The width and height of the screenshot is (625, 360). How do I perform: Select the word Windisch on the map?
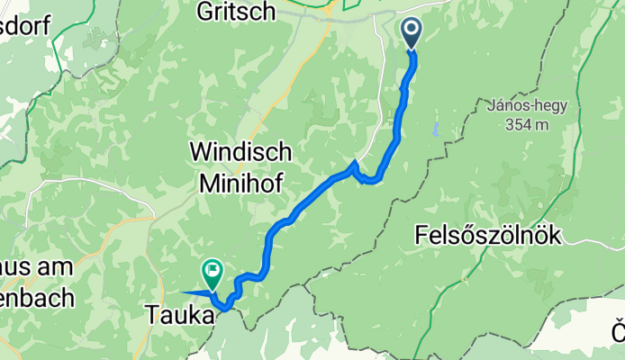click(x=237, y=152)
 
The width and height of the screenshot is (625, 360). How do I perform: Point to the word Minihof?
click(x=238, y=184)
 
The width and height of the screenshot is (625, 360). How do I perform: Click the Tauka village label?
click(x=180, y=316)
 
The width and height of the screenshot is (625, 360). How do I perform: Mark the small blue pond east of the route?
click(x=435, y=129)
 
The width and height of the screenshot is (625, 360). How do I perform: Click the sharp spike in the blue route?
click(x=356, y=164)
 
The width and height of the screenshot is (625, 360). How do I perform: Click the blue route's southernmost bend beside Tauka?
click(x=226, y=308)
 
